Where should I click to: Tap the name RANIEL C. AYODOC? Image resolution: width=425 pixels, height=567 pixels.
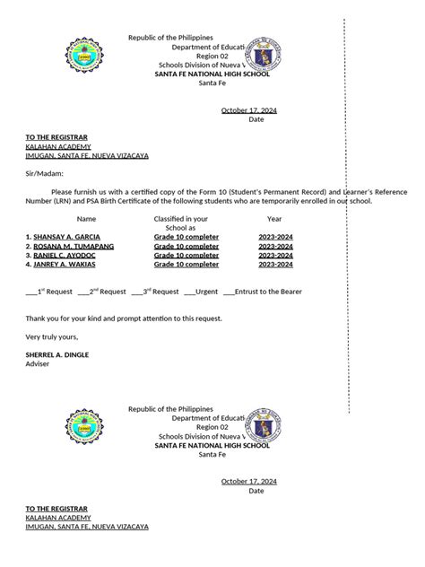[64, 255]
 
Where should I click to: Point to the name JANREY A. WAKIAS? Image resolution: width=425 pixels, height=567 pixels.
[64, 265]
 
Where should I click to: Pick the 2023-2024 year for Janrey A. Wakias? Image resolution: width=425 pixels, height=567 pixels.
[275, 265]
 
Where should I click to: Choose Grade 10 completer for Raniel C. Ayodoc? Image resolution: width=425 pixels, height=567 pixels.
[186, 255]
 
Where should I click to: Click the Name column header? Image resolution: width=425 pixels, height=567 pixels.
[86, 218]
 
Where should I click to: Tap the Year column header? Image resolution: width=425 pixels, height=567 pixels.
[274, 218]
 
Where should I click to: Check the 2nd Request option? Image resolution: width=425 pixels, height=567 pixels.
[82, 292]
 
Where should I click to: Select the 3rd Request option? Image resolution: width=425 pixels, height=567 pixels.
[136, 292]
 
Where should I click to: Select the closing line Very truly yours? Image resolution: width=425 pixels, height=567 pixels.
[52, 336]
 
